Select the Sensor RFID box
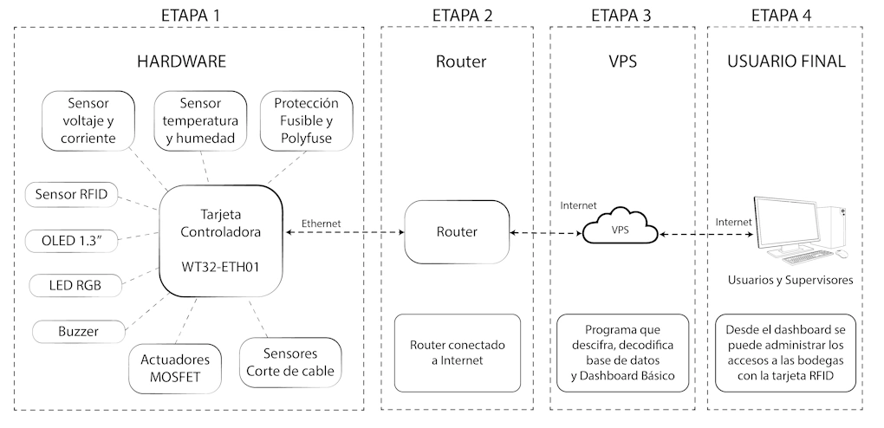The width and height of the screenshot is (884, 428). click(71, 194)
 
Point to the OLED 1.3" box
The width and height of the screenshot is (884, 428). click(71, 239)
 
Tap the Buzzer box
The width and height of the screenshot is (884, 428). click(79, 331)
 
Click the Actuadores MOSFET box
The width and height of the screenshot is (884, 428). click(173, 366)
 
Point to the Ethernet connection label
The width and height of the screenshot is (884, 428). click(321, 223)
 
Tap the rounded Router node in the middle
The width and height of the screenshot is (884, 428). click(456, 232)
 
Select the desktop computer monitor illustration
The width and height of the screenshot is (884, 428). click(789, 224)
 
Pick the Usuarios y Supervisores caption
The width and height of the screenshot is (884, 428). click(790, 280)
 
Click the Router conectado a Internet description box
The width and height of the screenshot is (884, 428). click(456, 353)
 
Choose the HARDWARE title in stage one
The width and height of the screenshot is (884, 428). click(182, 62)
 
